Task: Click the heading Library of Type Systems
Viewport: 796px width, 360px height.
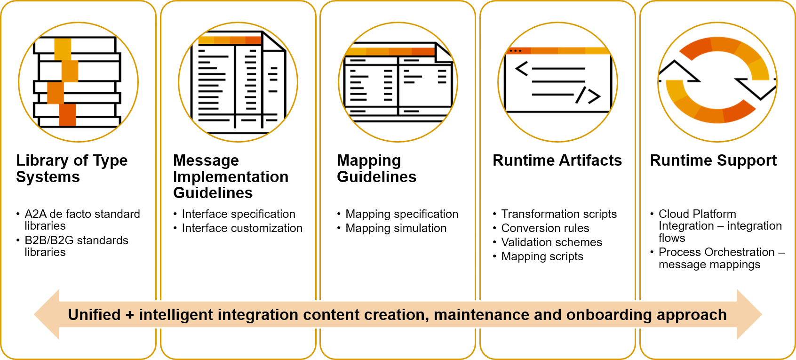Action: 72,168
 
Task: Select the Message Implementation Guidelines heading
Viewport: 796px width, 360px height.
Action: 231,176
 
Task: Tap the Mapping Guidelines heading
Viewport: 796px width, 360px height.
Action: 376,168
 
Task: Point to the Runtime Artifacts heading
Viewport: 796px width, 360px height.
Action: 557,160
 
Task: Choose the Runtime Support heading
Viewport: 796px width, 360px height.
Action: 713,160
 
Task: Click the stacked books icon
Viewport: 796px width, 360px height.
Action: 78,82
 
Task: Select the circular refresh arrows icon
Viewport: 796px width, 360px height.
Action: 717,82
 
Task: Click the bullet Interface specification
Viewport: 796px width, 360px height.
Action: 238,214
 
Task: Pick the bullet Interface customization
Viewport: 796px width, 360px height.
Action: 242,228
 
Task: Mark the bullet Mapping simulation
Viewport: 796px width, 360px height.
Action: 396,228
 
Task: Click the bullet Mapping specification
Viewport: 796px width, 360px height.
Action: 401,214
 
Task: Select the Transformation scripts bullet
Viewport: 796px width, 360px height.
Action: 558,214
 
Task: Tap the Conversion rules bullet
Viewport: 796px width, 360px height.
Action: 545,228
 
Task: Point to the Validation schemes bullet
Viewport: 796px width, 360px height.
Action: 551,242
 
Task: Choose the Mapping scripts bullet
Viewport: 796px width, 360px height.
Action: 542,256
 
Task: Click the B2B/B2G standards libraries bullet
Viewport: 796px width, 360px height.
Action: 76,246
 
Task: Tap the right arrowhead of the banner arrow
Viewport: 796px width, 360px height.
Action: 749,314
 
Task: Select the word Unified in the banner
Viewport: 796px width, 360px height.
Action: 94,315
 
